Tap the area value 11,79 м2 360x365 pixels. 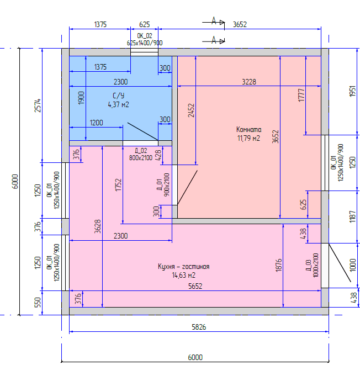248,138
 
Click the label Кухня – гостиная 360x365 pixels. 183,267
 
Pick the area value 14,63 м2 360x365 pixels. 183,275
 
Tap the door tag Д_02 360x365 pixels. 141,150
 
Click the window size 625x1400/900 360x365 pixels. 145,43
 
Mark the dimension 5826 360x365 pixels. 199,327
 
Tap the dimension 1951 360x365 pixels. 352,92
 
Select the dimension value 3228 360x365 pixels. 249,81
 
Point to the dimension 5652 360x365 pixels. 195,286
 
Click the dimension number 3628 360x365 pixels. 98,226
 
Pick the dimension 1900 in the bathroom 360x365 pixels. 81,98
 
